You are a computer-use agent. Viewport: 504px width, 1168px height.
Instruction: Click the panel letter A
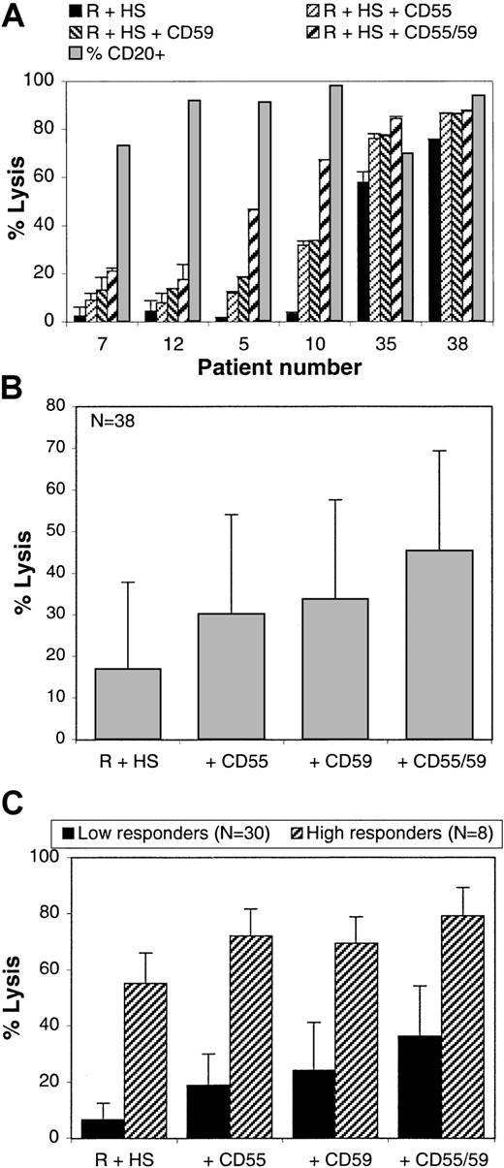click(x=13, y=13)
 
